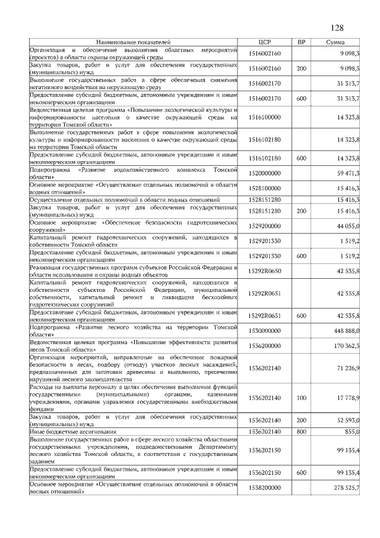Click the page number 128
(337, 29)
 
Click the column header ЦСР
(265, 43)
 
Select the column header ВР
(301, 43)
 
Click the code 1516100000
(265, 118)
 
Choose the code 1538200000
(265, 487)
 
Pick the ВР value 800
(301, 431)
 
